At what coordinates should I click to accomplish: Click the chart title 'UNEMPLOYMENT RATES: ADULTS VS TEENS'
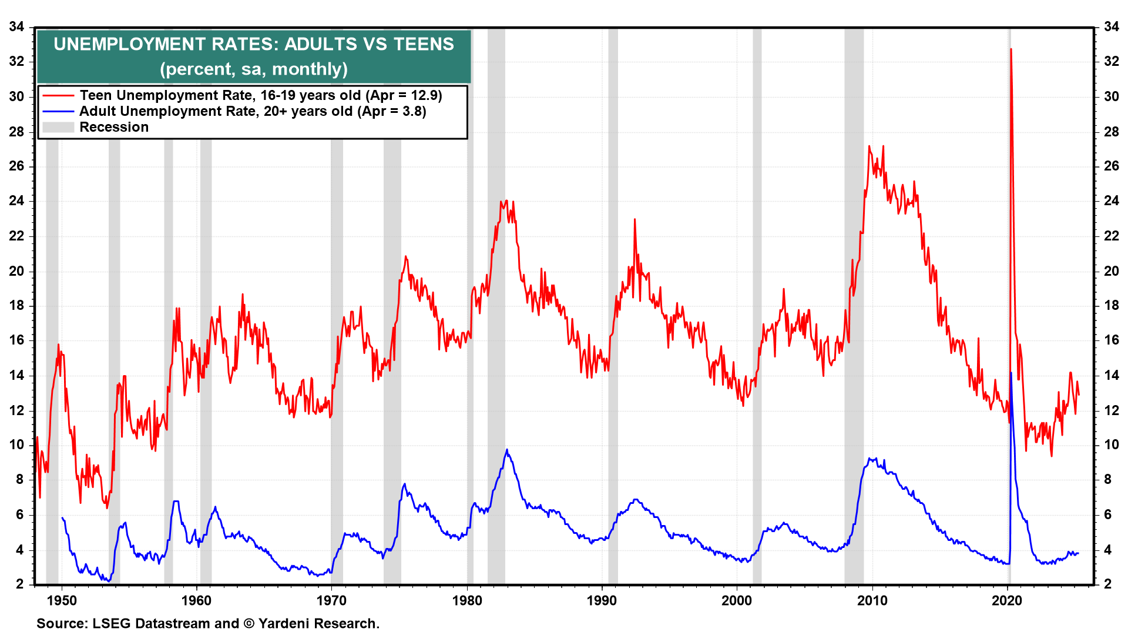254,44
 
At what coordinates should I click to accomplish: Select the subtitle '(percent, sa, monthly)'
254,69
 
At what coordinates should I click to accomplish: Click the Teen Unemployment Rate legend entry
261,95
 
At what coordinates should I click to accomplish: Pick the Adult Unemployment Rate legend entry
253,111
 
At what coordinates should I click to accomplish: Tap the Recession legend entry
114,127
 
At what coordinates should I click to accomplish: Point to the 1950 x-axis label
62,600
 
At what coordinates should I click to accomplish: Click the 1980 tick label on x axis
467,600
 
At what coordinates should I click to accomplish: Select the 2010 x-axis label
872,600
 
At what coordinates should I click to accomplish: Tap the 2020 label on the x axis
1007,600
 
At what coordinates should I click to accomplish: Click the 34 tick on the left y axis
16,26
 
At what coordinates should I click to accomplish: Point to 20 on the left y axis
16,270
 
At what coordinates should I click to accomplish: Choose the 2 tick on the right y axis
1108,584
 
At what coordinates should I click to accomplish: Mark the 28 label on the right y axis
1111,131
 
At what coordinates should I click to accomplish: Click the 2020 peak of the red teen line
1010,49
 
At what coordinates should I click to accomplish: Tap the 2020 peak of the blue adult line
1011,373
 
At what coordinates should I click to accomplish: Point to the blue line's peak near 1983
507,450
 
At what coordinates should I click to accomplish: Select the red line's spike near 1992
634,219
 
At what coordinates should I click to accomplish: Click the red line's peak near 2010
869,146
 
